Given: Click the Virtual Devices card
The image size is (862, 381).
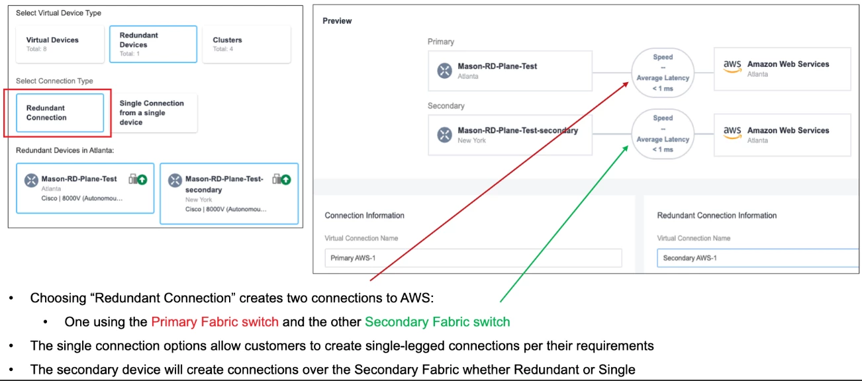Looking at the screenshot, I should coord(60,44).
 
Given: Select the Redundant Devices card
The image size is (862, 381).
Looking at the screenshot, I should coord(153,44).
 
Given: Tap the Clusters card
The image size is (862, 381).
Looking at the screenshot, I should coord(246,44).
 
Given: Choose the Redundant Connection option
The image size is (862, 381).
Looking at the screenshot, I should coord(60,113).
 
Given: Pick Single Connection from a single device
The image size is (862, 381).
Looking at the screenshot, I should coord(152,113).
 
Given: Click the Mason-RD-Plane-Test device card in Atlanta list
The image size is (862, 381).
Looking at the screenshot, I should coord(85,189).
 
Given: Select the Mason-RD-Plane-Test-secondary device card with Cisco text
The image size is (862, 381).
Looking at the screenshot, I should coord(229,194).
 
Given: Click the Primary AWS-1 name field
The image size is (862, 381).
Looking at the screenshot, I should coord(473,258).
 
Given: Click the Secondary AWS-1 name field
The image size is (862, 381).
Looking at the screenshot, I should coord(757,258).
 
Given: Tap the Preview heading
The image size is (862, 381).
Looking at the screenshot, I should coord(337,21).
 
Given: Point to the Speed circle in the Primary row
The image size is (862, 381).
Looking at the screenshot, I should coord(662,72).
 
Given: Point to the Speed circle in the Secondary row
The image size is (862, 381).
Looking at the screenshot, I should coord(662,134).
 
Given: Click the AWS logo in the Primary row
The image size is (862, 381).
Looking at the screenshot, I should coord(732,66).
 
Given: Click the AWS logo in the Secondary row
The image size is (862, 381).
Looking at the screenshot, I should coord(732,132).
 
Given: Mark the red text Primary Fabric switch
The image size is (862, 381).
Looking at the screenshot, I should coord(215,322).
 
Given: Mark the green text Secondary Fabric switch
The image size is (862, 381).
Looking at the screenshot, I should coord(437,322).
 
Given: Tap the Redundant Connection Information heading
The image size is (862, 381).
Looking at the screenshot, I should coord(716,216).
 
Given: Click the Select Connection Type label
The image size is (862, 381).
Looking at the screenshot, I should coord(54,81).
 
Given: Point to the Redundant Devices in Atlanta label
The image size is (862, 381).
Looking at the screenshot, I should coord(65,151).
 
